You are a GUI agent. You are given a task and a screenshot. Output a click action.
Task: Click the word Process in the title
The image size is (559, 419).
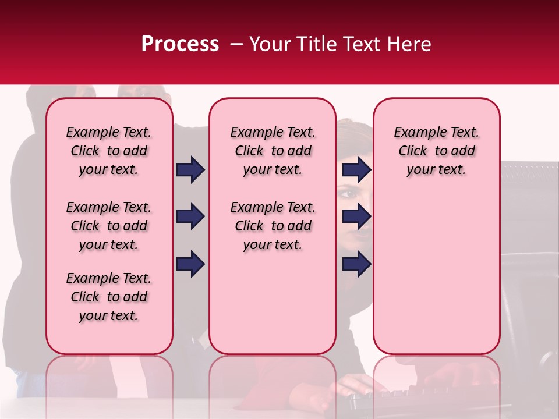(180, 44)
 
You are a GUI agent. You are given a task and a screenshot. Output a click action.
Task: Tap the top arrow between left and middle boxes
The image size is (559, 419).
(190, 169)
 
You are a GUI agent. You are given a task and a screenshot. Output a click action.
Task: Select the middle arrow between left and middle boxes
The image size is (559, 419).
(190, 216)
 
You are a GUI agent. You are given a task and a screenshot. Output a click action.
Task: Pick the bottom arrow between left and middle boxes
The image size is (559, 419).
(190, 264)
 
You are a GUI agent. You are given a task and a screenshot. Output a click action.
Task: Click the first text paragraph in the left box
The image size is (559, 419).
(109, 151)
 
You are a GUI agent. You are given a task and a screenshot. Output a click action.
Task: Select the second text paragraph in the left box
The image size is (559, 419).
(109, 226)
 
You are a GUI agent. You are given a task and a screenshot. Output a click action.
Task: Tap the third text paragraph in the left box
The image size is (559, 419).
(109, 297)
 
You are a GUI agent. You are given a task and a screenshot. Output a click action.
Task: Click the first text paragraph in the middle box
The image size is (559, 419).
(273, 151)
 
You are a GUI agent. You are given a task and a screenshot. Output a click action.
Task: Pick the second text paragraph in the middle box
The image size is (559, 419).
(273, 226)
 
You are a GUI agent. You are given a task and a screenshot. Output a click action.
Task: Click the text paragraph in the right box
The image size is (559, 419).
(437, 151)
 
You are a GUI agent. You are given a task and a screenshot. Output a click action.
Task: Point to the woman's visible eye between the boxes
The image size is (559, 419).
(348, 193)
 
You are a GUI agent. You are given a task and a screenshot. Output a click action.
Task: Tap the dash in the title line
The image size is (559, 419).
(235, 44)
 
